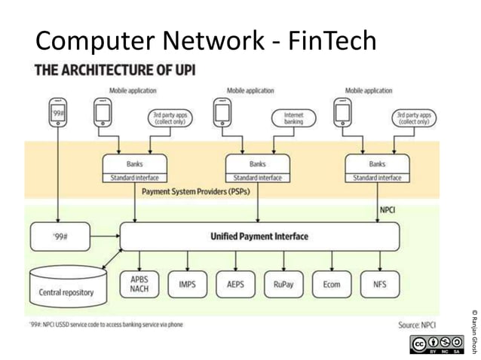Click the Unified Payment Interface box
(x=259, y=236)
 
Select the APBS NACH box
(x=139, y=284)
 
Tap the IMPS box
(x=187, y=284)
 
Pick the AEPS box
(x=235, y=284)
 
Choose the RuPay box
(x=283, y=284)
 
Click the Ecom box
(x=331, y=284)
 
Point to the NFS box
(x=379, y=284)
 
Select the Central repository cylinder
(x=68, y=285)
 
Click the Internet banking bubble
(x=293, y=117)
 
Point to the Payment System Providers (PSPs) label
(x=195, y=192)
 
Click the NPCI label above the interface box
(x=388, y=210)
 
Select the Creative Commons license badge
(x=437, y=345)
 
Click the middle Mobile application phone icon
(x=222, y=114)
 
